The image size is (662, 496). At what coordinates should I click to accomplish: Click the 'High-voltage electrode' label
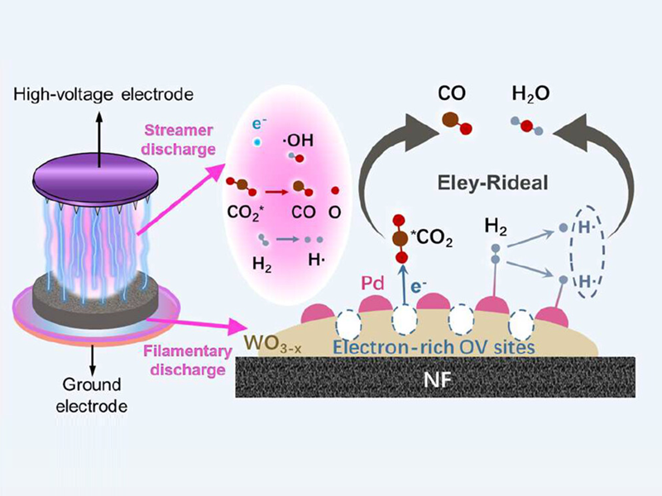point(103,96)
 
